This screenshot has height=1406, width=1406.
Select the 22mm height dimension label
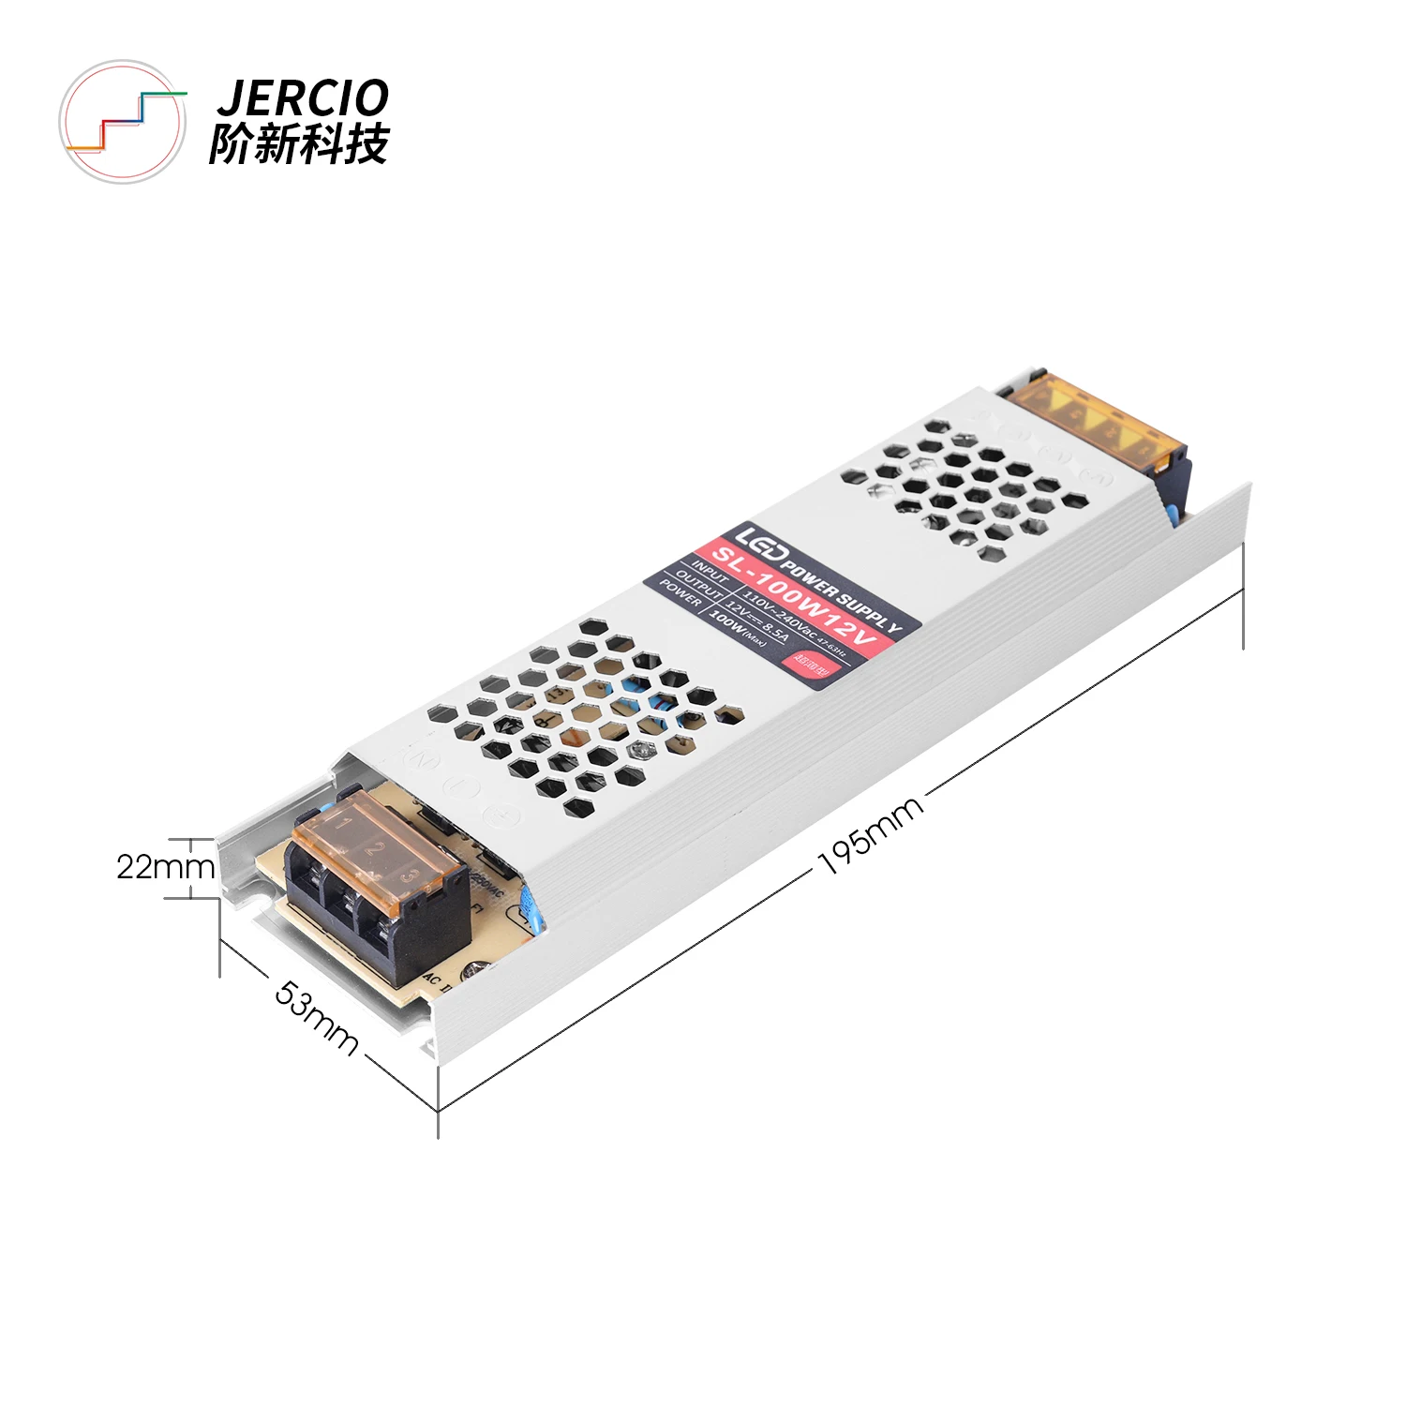[165, 867]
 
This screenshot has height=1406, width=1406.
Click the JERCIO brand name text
[303, 97]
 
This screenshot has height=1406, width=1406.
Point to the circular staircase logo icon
[123, 122]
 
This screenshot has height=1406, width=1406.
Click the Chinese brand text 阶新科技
[299, 144]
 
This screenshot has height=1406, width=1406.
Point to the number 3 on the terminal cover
[408, 876]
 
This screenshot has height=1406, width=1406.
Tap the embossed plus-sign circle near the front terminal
[504, 815]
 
